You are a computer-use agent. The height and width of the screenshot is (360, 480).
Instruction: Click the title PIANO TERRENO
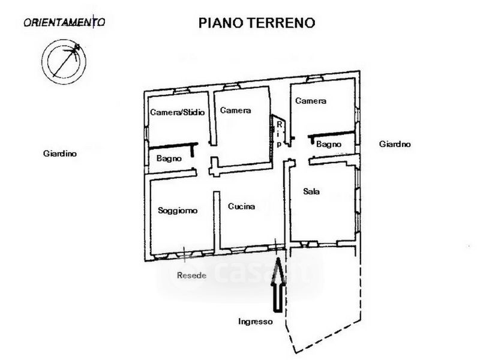257,23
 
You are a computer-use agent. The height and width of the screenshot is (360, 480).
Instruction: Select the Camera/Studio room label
177,112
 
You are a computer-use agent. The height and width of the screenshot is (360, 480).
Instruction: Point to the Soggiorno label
178,211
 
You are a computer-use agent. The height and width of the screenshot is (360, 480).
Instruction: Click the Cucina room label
241,206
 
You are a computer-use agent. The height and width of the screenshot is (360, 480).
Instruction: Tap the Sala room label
311,192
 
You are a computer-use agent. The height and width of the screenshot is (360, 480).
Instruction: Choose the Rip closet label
279,134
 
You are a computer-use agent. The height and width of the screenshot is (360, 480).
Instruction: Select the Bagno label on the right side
328,144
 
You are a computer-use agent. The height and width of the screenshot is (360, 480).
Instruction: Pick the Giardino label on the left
60,154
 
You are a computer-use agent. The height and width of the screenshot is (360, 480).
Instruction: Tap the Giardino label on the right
395,144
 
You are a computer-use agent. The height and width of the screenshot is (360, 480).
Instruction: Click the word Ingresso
255,321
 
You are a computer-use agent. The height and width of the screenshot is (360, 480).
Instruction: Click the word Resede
192,276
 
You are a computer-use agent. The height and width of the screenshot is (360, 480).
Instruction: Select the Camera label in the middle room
235,110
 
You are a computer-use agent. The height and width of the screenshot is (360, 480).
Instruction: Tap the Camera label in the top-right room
311,101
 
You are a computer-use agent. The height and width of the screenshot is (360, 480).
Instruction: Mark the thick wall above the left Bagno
173,145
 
